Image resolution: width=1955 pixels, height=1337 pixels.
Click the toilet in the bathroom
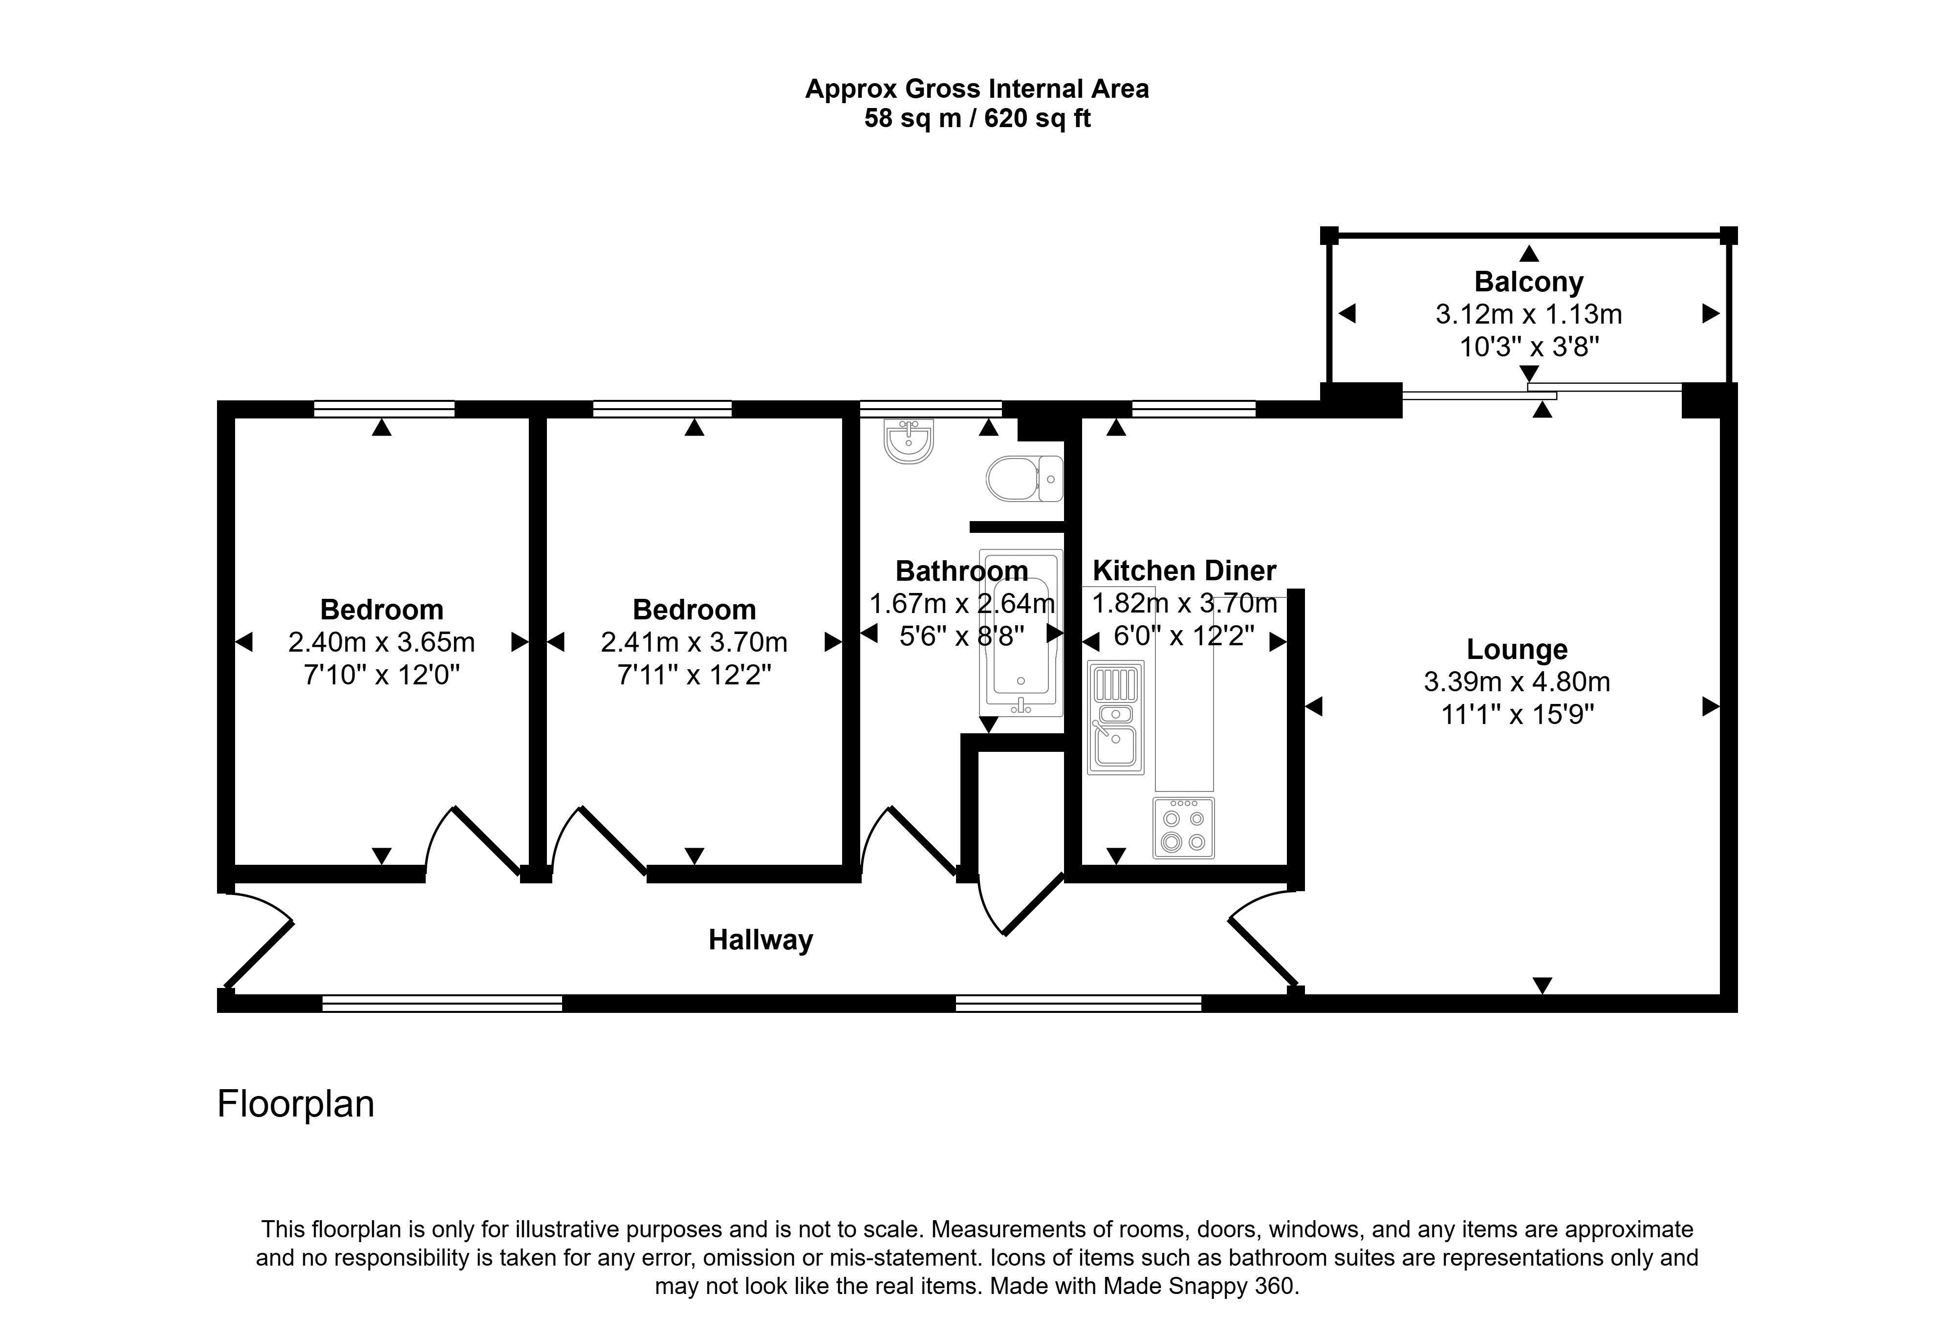pyautogui.click(x=1024, y=479)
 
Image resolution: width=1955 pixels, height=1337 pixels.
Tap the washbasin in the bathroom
pyautogui.click(x=909, y=442)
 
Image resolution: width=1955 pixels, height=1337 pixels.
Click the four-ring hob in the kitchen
pyautogui.click(x=1184, y=829)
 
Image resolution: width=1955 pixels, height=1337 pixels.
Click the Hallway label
pyautogui.click(x=760, y=940)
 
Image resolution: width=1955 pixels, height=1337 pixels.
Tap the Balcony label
pyautogui.click(x=1528, y=282)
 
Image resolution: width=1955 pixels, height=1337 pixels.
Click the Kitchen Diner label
pyautogui.click(x=1184, y=570)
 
